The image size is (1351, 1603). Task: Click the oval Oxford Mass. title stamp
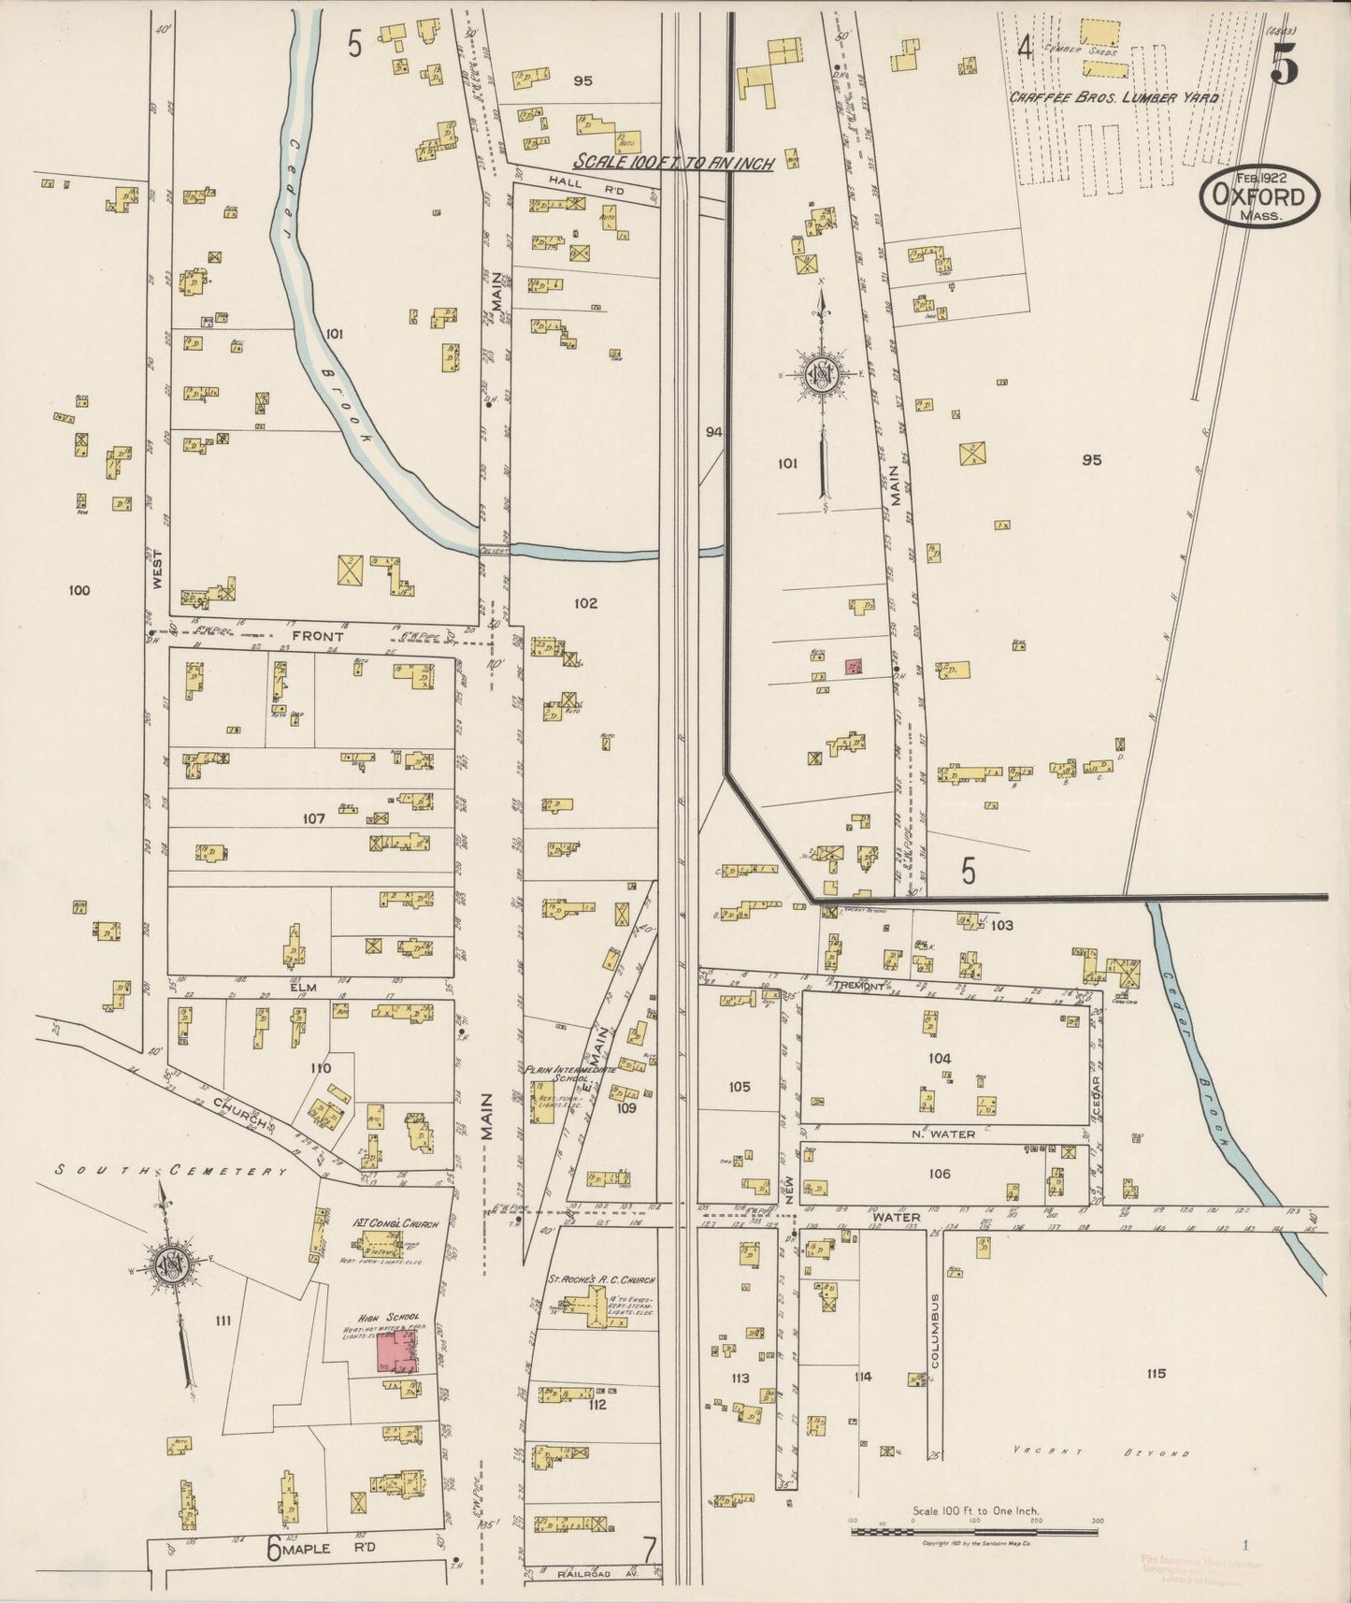pos(1260,196)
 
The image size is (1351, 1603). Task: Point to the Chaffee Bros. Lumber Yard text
pos(1114,97)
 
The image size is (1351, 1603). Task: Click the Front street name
pos(318,635)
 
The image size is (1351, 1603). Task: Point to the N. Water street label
pos(943,1134)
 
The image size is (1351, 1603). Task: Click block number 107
pos(313,818)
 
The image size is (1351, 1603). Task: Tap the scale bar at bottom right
pos(973,1532)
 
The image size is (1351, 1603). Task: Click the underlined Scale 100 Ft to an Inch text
pos(673,162)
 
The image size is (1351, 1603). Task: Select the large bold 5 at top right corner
pos(1284,64)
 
